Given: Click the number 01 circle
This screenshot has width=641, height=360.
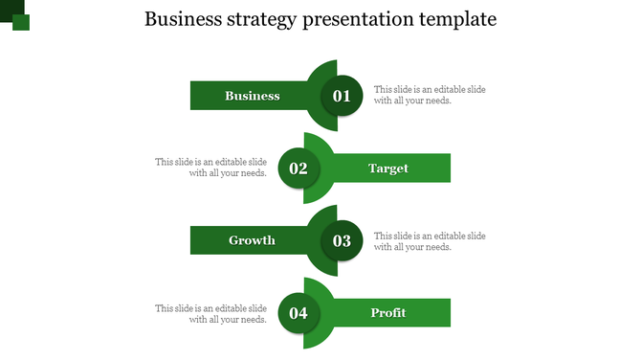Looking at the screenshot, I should click(x=342, y=96).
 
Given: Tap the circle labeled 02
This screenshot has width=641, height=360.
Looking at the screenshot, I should click(x=298, y=169).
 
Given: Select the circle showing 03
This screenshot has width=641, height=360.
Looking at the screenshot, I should click(x=342, y=241).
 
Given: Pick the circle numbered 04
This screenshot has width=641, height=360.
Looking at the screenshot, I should click(x=298, y=313).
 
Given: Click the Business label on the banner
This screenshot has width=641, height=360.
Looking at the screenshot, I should click(x=253, y=96).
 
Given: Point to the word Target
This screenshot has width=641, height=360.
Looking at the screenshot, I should click(x=388, y=169).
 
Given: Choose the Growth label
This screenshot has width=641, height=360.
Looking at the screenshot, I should click(x=252, y=240).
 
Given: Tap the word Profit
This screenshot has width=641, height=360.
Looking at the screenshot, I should click(x=388, y=313).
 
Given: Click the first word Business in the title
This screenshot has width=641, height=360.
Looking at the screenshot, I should click(x=180, y=20).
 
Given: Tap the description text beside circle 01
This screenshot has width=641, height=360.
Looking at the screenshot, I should click(x=430, y=95).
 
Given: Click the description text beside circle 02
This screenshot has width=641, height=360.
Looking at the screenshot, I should click(x=210, y=168).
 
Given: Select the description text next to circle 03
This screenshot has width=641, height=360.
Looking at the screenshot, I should click(x=430, y=240).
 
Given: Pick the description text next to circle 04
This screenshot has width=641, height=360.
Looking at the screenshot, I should click(x=210, y=313).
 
